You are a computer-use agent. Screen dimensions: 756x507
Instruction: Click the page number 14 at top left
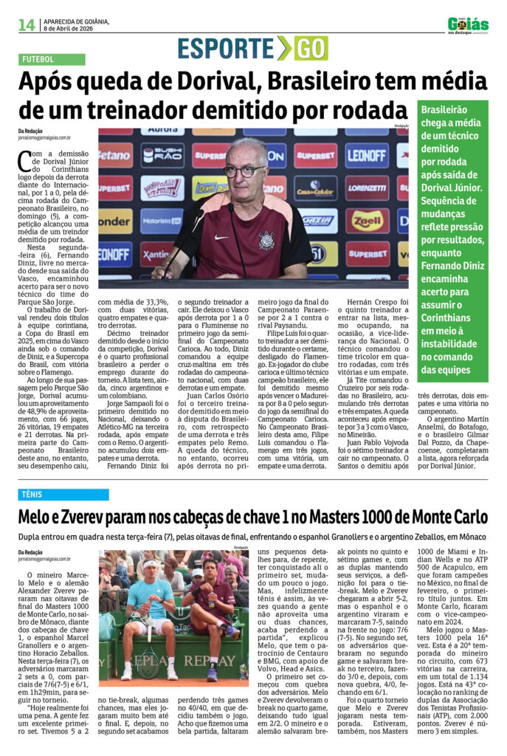pos(27,24)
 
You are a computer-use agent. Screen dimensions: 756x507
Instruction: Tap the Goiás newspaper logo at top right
pos(467,24)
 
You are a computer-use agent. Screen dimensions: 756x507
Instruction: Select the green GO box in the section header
pos(311,48)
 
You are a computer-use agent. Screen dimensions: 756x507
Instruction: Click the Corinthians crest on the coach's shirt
pos(266,239)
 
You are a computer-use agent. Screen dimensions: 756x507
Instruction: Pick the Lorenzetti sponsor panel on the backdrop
pos(367,188)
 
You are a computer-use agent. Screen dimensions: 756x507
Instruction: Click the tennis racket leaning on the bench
pos(149,656)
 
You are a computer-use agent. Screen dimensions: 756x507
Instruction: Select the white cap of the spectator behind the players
pos(197,573)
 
